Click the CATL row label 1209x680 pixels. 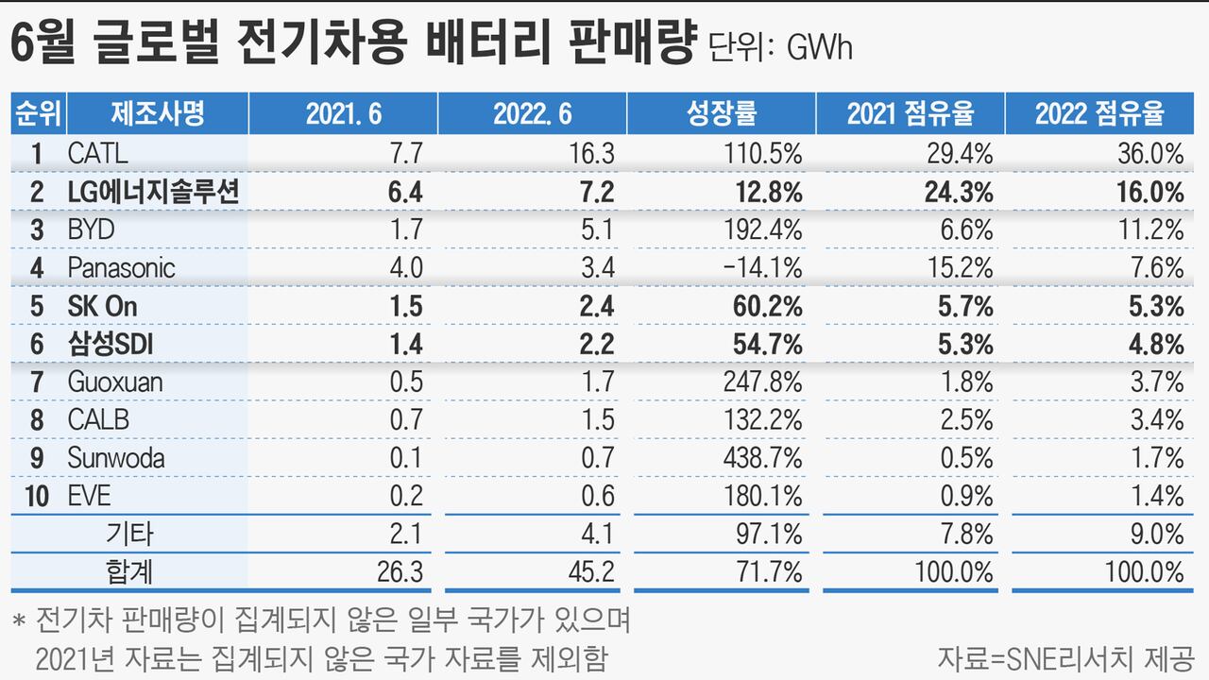[x=97, y=153]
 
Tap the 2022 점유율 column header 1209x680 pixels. [x=1098, y=114]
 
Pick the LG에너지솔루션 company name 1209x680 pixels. [x=153, y=192]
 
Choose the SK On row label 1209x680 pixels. [x=103, y=306]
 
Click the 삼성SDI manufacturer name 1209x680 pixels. [x=111, y=344]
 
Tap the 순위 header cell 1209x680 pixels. [x=37, y=114]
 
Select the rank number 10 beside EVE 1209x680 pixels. [x=37, y=496]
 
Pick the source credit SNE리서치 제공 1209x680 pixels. [x=1066, y=656]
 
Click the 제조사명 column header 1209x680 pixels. [x=157, y=114]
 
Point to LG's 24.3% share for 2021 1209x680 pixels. [x=958, y=192]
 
